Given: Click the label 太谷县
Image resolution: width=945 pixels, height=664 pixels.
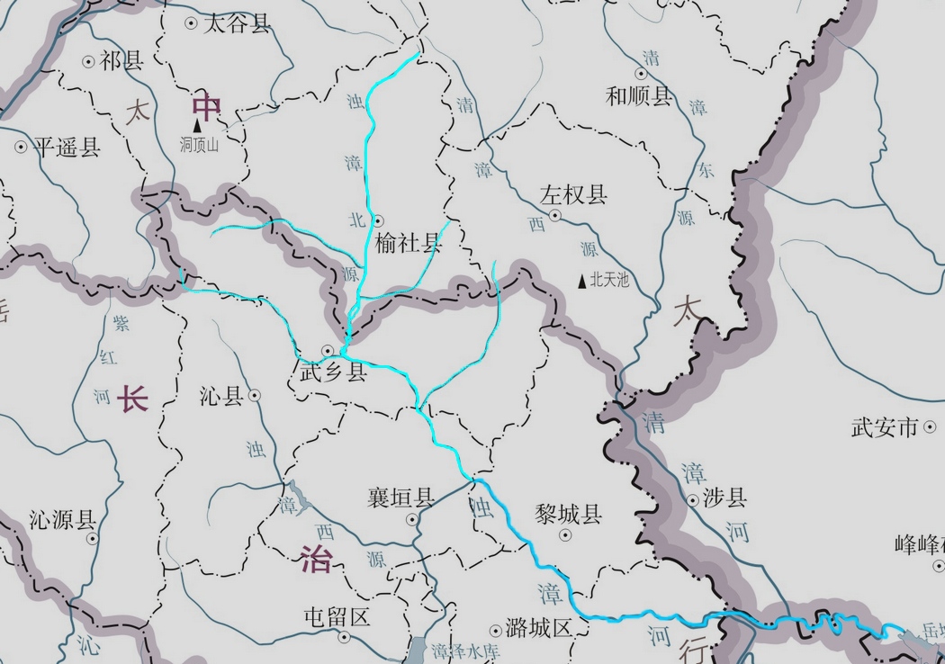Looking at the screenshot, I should (x=237, y=23).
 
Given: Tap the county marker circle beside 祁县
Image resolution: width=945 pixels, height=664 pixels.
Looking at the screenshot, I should (x=88, y=62).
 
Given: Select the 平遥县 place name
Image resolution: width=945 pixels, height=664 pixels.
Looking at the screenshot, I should (x=67, y=148).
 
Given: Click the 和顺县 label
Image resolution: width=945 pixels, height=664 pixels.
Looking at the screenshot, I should (x=640, y=96).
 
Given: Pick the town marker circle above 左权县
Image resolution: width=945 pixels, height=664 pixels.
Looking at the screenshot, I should (x=555, y=216).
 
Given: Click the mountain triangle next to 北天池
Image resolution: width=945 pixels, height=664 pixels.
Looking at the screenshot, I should (x=581, y=282).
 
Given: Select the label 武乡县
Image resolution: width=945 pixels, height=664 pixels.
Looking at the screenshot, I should (x=334, y=372).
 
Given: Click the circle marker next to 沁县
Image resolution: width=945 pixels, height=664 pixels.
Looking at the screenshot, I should (x=256, y=394).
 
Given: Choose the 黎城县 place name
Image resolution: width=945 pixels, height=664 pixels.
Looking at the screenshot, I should (x=567, y=515).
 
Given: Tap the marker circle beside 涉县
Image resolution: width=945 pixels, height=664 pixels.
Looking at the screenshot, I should (x=693, y=500).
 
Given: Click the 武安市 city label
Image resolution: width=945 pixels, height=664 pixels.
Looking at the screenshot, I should (x=885, y=426).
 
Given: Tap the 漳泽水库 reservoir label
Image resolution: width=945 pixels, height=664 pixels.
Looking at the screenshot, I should (x=464, y=651).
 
